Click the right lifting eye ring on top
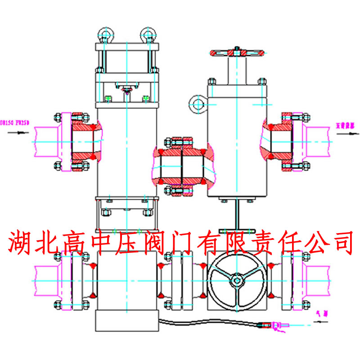pos(147,34)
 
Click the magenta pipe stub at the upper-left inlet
pos(45,140)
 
